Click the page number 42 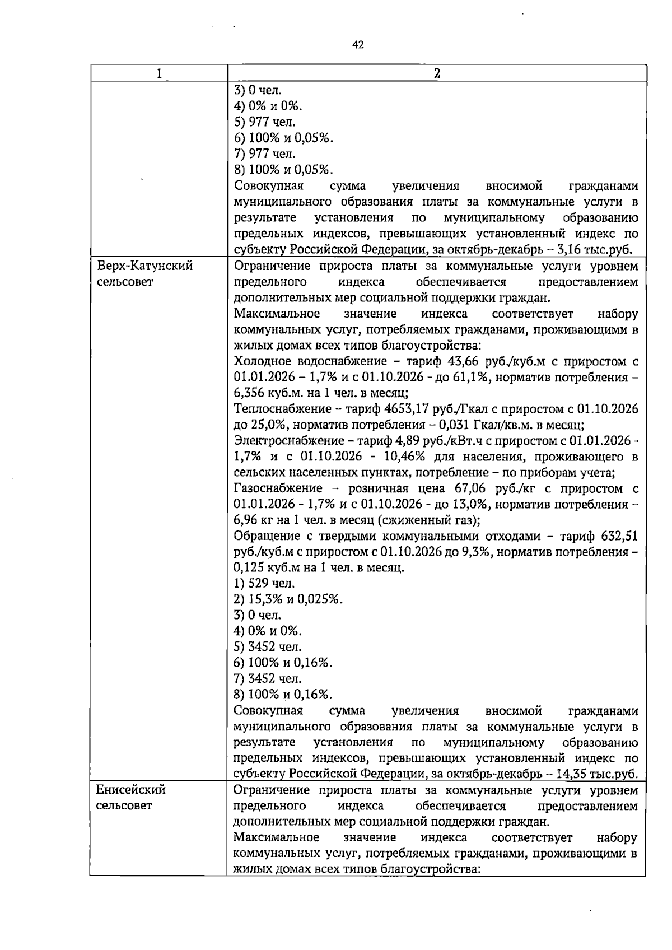coord(358,45)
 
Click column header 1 coord(159,73)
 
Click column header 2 coord(437,73)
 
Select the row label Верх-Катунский coord(144,266)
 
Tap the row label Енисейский coord(131,790)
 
